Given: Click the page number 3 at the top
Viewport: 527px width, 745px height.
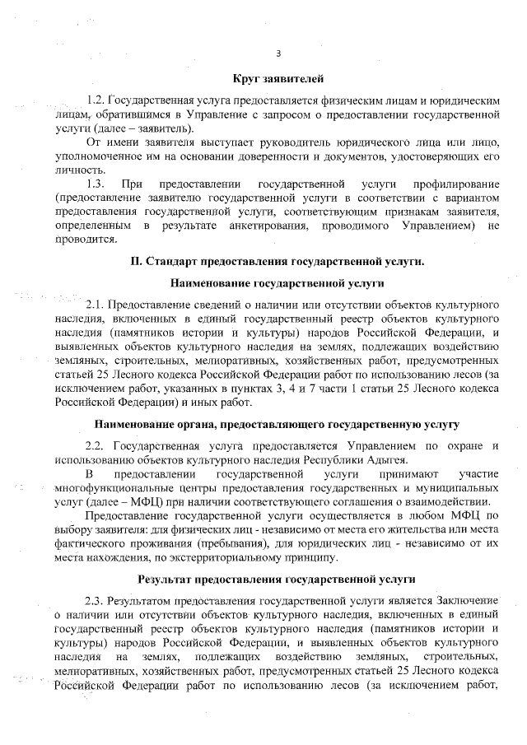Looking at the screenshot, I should pos(277,54).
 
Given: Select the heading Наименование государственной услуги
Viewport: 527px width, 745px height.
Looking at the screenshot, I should pos(277,284).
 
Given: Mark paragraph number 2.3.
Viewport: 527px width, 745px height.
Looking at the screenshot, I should pos(98,600).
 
